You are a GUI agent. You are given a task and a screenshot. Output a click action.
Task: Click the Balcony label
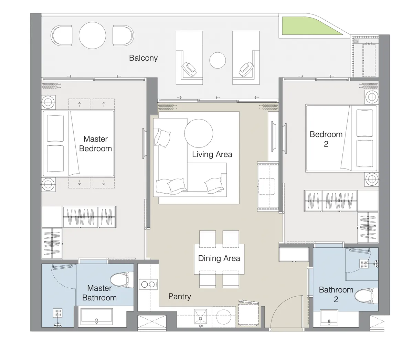coord(143,58)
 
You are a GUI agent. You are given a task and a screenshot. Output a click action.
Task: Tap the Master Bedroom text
coord(95,144)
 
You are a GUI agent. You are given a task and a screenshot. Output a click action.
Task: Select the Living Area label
coord(212,154)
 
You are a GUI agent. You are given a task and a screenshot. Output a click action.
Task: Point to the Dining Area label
coord(219,258)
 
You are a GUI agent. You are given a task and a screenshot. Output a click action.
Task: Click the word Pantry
coord(179,296)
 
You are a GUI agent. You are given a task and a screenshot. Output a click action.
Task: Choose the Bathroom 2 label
coord(336,295)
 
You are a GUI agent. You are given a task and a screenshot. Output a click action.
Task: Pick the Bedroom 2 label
coord(326,139)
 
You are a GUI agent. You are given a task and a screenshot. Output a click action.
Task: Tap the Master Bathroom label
coord(99,293)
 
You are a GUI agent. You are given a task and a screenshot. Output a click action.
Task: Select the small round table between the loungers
coord(218,60)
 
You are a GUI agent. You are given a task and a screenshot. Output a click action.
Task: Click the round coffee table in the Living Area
coord(199,133)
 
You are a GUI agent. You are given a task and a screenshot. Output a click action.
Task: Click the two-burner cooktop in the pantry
coord(148,285)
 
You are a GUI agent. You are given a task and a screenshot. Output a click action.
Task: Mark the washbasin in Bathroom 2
coord(329,318)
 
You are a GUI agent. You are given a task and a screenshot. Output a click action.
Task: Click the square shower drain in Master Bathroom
coord(58,313)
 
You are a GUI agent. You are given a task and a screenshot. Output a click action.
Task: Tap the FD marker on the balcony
coord(356,41)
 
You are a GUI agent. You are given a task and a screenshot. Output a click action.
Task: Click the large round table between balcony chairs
coord(92,35)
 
